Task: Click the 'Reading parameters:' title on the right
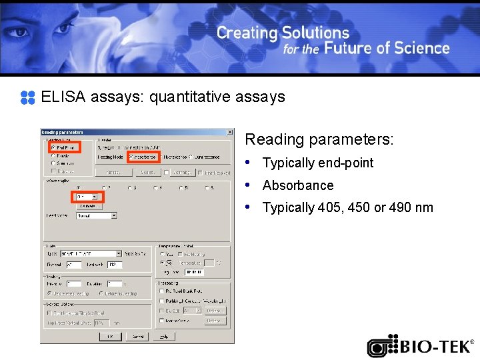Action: (x=319, y=140)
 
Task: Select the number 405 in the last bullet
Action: (x=328, y=208)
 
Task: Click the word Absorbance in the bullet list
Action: (x=298, y=185)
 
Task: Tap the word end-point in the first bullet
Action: (x=346, y=163)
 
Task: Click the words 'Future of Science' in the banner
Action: (x=387, y=49)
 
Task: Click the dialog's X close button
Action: (x=230, y=132)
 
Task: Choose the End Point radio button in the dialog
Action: (x=53, y=147)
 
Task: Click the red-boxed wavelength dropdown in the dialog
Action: (x=87, y=197)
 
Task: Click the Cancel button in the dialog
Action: (x=137, y=336)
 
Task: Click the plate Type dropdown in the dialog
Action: (x=91, y=253)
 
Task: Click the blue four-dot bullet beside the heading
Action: (x=27, y=98)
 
